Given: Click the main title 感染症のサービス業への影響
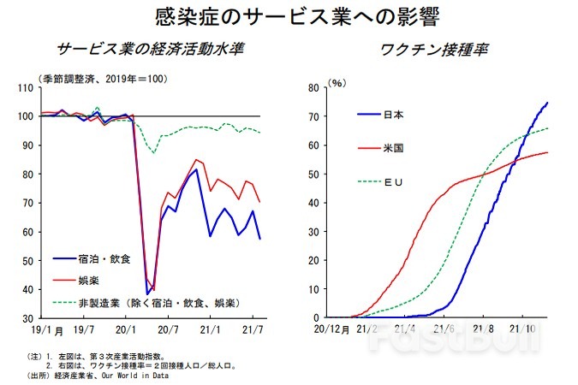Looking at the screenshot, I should pos(288,16).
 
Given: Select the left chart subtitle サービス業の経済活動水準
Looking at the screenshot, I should pos(150,49).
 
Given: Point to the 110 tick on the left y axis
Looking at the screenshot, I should pos(24,87).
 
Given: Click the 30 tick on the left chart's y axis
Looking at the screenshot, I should pos(26,317).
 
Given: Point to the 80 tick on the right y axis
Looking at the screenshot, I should pos(313,87).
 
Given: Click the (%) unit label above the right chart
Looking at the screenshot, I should pos(337,82).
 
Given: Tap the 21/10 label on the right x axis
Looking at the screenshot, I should pos(521,328).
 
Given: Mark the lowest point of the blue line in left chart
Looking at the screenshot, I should pos(147,293).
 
